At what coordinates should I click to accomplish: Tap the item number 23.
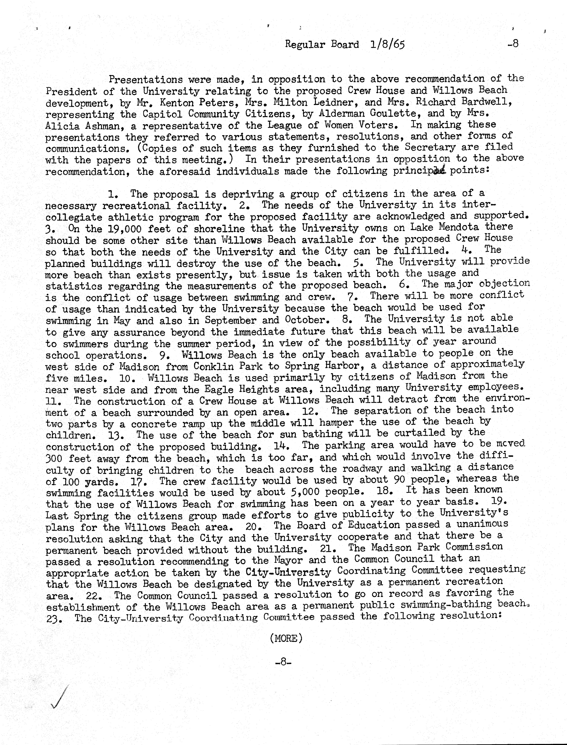click(x=54, y=619)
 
